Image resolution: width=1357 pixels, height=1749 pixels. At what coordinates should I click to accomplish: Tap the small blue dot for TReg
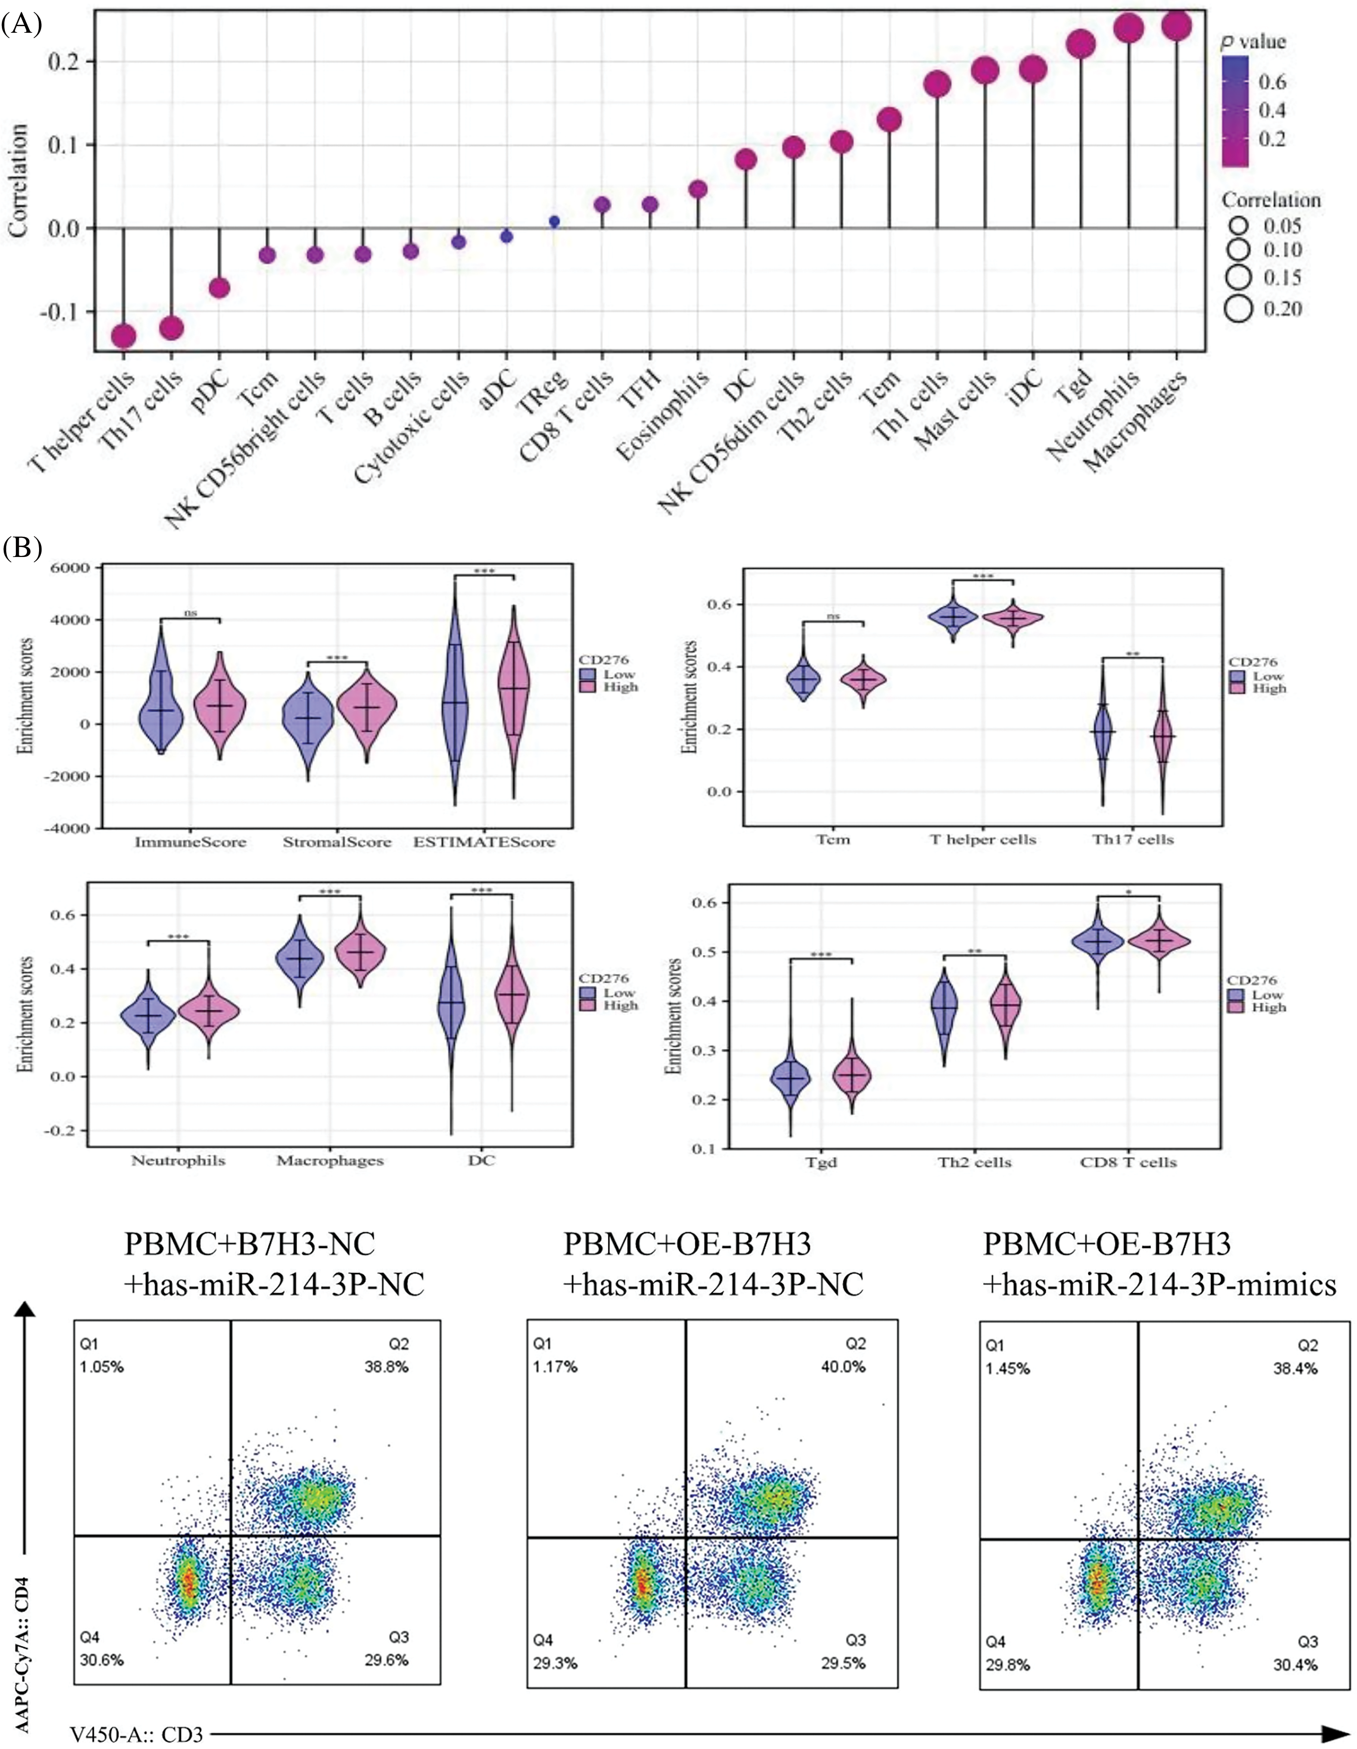click(554, 221)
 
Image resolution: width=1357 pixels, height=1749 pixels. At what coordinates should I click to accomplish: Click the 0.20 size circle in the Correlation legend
click(1238, 308)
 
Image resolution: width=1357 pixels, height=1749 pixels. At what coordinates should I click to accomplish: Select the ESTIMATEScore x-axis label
click(484, 842)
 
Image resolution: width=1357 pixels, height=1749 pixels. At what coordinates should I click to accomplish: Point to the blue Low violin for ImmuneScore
click(161, 705)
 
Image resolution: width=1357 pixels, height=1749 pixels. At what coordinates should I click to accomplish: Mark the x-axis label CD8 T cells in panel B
click(1128, 1162)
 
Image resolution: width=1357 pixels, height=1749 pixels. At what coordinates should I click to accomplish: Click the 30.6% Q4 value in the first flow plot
click(102, 1660)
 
